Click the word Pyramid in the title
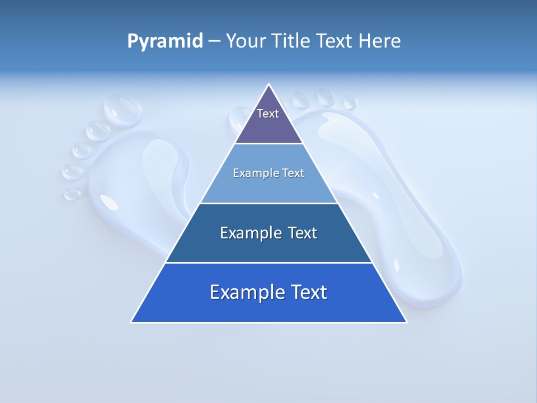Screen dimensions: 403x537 [165, 41]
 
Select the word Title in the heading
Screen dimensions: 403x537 [293, 41]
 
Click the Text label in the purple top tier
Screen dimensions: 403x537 [268, 114]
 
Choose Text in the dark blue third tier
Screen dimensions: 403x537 [303, 233]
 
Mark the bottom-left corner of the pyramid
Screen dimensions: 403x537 [131, 322]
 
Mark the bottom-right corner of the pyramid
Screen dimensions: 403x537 [407, 322]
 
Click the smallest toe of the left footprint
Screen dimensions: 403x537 [72, 194]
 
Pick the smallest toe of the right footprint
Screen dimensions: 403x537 [349, 102]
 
